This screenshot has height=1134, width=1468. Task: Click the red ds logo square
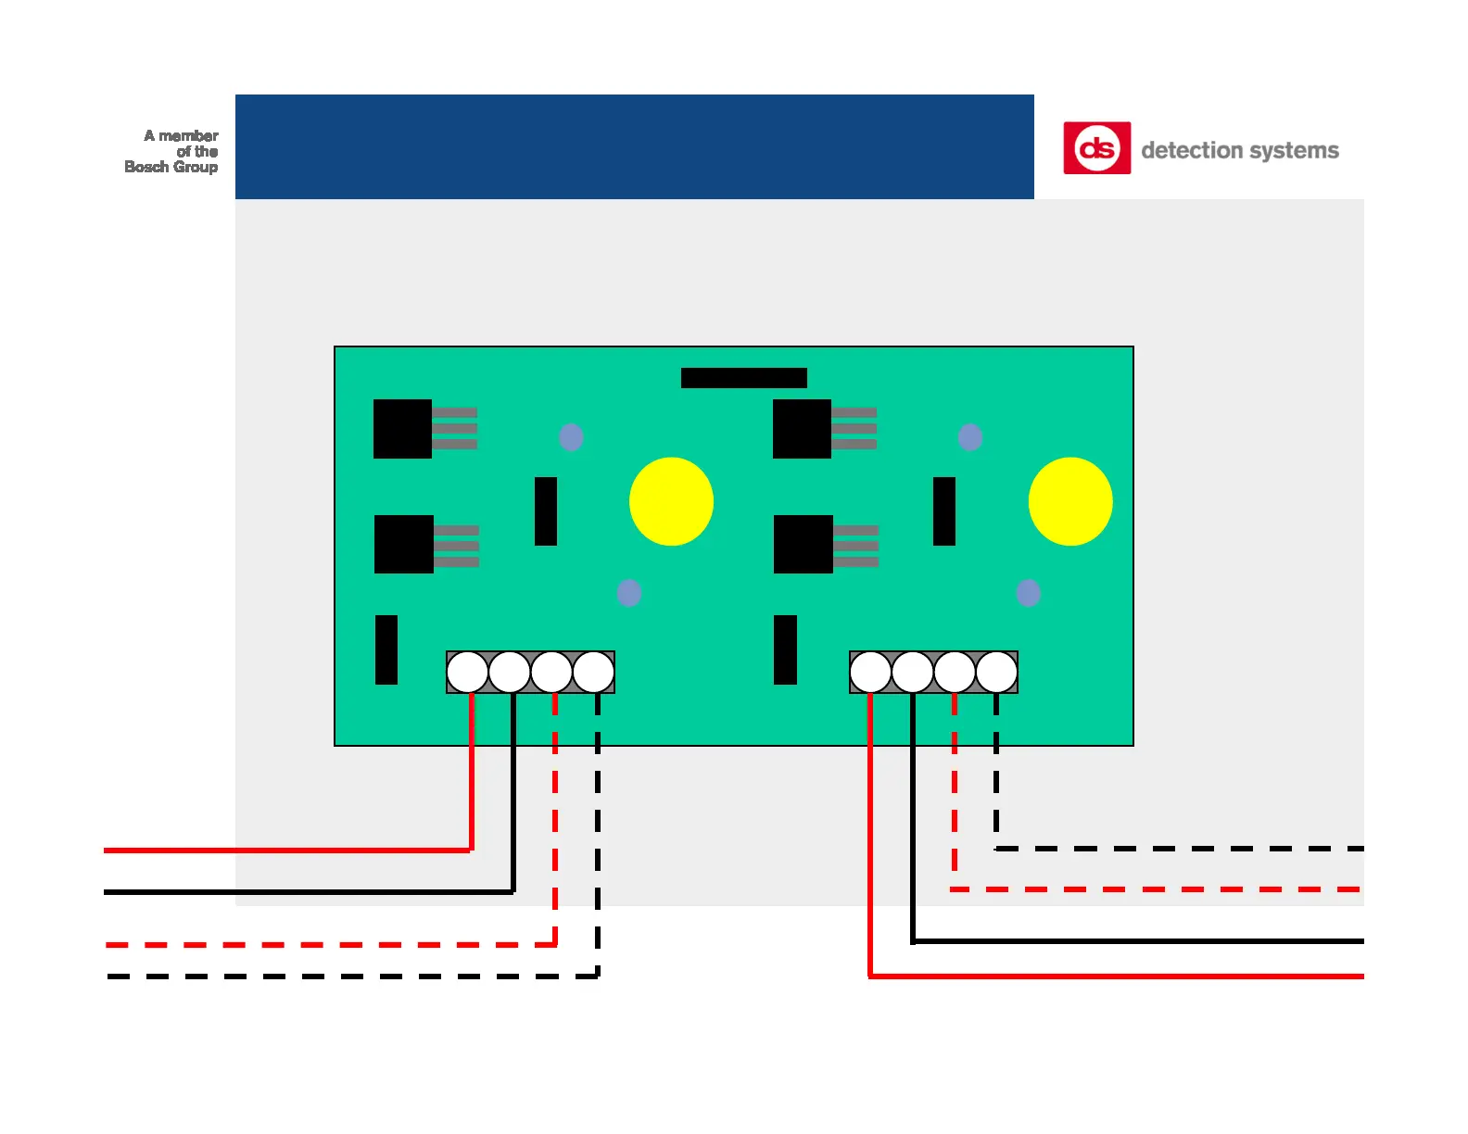(x=1096, y=148)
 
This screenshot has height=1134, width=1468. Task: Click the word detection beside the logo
(x=1191, y=150)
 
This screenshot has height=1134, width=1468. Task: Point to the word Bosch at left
(x=146, y=167)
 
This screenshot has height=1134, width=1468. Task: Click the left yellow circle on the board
(x=671, y=501)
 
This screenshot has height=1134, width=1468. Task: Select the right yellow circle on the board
(x=1070, y=501)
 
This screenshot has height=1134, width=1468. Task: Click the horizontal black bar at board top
(x=743, y=378)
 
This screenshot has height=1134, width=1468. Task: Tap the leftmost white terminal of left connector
(x=467, y=673)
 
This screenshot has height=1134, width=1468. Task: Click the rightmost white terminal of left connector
(x=593, y=673)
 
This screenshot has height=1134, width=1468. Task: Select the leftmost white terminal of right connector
(x=870, y=673)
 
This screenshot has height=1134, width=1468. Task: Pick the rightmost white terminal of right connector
(x=996, y=673)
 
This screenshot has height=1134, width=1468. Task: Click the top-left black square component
(x=402, y=429)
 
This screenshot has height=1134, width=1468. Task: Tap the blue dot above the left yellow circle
(x=571, y=437)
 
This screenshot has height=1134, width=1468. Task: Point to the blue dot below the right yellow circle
(x=1028, y=593)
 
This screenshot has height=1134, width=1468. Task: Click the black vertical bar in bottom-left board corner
(x=386, y=649)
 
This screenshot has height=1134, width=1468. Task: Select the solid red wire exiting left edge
(x=278, y=850)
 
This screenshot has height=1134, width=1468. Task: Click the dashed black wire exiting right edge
(x=1205, y=849)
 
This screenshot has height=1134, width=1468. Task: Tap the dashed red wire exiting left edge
(x=278, y=945)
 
